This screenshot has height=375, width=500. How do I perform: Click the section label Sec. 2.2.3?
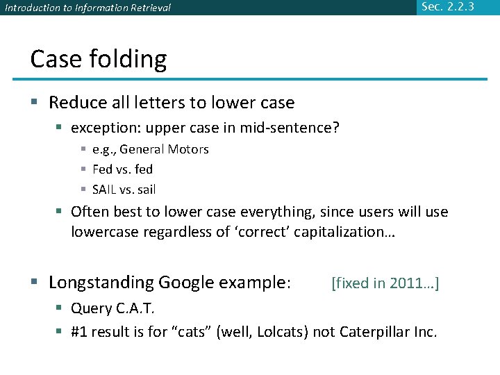click(x=448, y=7)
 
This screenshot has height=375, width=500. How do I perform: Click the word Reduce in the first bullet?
click(x=77, y=103)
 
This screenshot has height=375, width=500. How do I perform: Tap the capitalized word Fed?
click(x=103, y=169)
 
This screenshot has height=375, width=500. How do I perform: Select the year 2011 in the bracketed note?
click(x=406, y=283)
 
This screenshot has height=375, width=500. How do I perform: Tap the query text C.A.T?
click(x=135, y=308)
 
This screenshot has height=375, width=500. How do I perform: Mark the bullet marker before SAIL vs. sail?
click(x=83, y=190)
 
